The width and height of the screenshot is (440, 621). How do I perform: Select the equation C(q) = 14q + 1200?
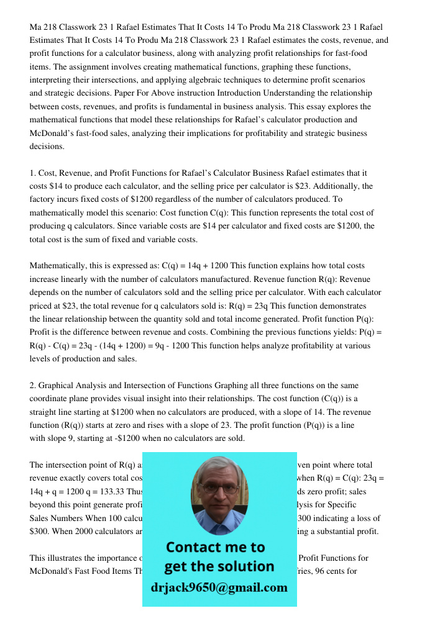click(x=202, y=266)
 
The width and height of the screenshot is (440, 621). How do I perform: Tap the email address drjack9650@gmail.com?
click(x=219, y=587)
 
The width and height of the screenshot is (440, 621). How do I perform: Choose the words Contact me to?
click(x=215, y=548)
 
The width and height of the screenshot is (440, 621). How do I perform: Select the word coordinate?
click(x=52, y=399)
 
